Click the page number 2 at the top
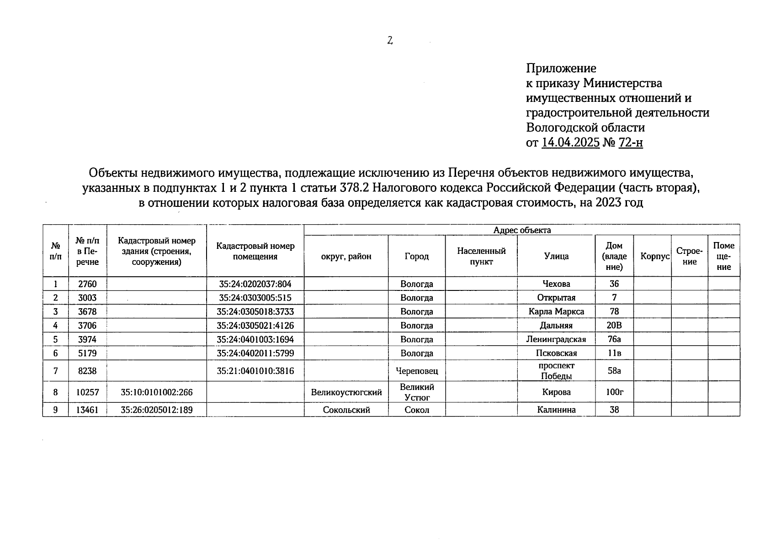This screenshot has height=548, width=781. click(390, 41)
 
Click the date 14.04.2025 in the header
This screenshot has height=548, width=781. click(570, 142)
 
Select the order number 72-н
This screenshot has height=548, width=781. click(631, 142)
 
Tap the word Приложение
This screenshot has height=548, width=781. click(561, 68)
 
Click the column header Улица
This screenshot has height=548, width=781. click(556, 256)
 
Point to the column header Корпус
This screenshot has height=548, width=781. click(655, 256)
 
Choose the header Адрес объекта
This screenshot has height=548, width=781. click(522, 230)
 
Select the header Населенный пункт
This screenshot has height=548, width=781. click(481, 256)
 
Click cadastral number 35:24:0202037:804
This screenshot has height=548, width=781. click(255, 284)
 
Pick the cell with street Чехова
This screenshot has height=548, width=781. click(556, 284)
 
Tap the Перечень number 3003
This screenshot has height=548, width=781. click(87, 298)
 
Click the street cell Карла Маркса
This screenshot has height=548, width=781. click(556, 312)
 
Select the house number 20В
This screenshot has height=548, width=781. click(614, 326)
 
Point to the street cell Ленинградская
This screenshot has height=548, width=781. click(556, 339)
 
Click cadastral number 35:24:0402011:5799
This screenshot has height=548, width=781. click(255, 353)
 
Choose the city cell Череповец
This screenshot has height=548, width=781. click(417, 371)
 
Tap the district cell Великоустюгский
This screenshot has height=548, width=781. click(346, 392)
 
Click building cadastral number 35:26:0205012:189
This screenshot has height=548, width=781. click(157, 410)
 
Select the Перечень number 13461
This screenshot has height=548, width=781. click(87, 410)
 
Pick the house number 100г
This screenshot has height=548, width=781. click(614, 392)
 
